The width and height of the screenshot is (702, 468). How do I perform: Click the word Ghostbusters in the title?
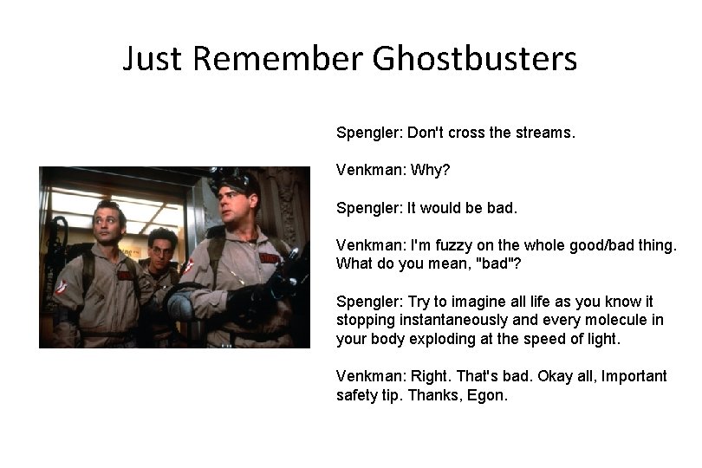475,60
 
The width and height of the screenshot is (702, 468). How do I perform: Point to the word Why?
432,172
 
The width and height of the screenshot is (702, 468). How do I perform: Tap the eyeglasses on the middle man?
161,251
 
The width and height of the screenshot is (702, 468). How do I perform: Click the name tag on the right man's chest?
270,257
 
